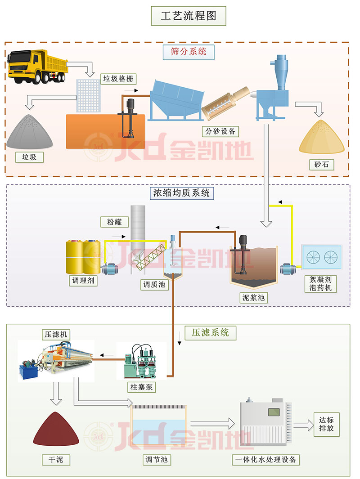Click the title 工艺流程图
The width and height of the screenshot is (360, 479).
[189, 16]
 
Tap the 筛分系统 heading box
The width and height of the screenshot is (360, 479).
[189, 51]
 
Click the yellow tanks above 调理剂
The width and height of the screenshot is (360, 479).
[83, 256]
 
